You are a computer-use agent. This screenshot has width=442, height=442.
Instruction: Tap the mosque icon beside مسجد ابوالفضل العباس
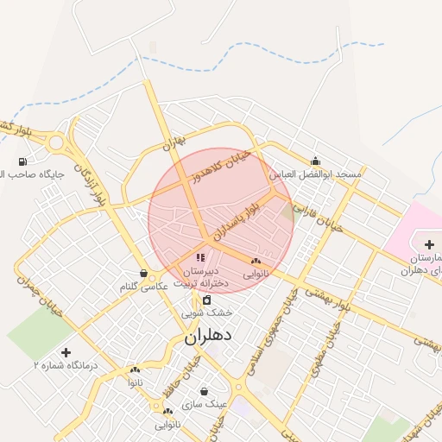(315, 161)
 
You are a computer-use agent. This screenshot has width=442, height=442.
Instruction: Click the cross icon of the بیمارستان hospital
(429, 245)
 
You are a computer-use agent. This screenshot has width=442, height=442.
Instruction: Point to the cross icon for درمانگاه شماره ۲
(66, 352)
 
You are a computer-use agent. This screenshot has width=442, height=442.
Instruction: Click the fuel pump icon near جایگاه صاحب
(22, 161)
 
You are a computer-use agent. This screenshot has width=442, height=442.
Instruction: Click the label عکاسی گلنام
(142, 286)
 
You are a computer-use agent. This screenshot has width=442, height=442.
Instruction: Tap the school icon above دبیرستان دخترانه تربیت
(200, 257)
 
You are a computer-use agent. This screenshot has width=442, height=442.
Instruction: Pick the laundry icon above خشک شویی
(206, 300)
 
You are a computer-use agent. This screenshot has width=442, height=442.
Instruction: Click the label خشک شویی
(207, 313)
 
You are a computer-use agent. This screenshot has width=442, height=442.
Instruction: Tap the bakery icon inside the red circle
(255, 261)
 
